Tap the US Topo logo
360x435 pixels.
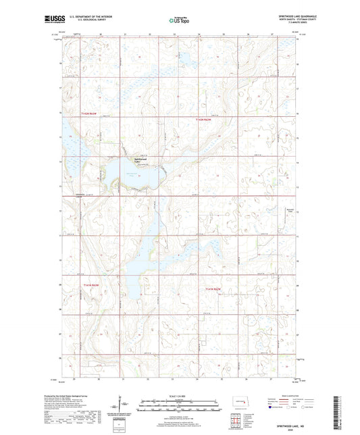point(180,20)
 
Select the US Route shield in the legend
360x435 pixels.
point(289,407)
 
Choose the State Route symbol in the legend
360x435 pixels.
point(305,407)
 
